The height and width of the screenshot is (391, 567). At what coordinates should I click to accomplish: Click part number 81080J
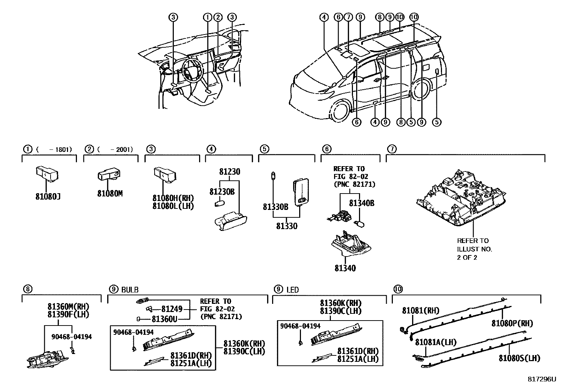click(x=47, y=196)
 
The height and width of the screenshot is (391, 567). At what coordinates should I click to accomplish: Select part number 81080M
click(x=110, y=194)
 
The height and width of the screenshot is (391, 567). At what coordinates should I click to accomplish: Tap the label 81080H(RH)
click(x=173, y=198)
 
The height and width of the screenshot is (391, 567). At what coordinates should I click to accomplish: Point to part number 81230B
click(x=222, y=192)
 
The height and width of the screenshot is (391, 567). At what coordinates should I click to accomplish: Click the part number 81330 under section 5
click(x=286, y=226)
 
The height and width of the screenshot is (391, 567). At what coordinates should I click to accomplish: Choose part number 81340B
click(x=361, y=203)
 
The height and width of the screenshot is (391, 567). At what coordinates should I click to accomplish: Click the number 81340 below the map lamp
click(x=345, y=268)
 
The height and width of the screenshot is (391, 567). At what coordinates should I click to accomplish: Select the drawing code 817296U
click(x=541, y=379)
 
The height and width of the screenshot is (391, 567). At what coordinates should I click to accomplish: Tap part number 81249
click(x=172, y=309)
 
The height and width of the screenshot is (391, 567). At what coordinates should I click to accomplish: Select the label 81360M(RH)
click(x=68, y=307)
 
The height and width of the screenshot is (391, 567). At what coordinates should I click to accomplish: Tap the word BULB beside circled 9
click(x=130, y=290)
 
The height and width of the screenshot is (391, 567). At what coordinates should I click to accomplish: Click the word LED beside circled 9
click(x=292, y=290)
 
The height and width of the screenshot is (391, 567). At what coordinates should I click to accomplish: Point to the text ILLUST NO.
click(x=474, y=249)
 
